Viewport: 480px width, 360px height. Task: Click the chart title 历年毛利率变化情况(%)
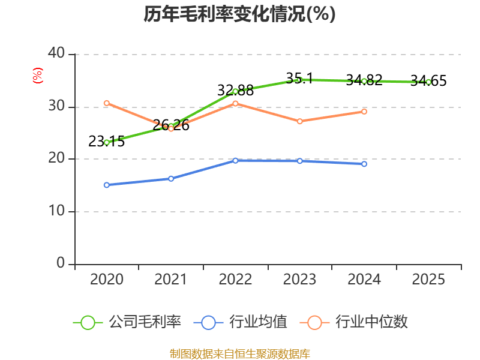coord(239,14)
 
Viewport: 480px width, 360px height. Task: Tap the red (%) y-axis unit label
coord(38,76)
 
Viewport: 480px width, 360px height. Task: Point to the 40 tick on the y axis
coord(56,53)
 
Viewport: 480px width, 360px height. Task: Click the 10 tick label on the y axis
coord(56,211)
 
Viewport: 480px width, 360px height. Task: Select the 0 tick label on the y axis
coord(61,263)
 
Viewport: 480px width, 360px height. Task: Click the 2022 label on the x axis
coord(235,279)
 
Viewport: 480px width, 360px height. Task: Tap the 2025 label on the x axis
coord(428,279)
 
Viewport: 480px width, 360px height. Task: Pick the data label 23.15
coord(107,142)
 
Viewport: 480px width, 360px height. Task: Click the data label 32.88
coord(235,91)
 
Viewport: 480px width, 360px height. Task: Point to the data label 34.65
coord(428,81)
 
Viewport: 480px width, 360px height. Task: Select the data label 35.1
coord(299,79)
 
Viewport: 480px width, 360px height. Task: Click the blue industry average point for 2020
coord(107,185)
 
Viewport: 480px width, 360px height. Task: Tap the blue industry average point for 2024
coord(364,164)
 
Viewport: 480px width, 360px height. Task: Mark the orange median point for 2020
coord(107,103)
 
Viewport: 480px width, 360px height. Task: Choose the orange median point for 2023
coord(299,122)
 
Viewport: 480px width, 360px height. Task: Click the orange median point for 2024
coord(364,112)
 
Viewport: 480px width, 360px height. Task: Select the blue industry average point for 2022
coord(235,161)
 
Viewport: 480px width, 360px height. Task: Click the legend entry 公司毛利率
coord(127,322)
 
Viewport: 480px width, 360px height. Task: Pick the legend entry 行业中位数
coord(353,322)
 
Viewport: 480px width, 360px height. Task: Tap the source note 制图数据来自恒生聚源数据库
coord(239,354)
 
